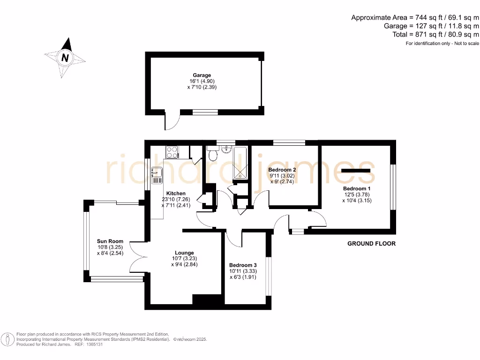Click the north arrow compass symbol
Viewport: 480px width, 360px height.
tap(65, 58)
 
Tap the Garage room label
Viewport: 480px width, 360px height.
tap(202, 75)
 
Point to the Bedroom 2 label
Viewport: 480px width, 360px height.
tap(282, 170)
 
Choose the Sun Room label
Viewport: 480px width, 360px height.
tap(110, 241)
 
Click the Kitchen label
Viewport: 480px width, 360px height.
tap(176, 193)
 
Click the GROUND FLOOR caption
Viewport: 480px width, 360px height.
tap(371, 243)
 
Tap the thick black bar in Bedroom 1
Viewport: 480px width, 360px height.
tap(356, 171)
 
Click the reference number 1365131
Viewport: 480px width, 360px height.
tap(93, 344)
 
